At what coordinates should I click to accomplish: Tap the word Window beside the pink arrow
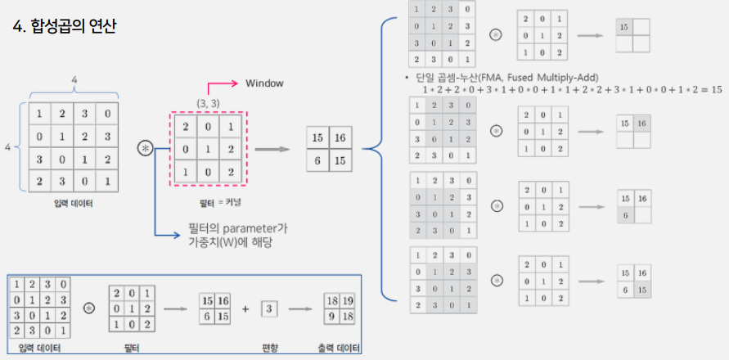click(x=264, y=83)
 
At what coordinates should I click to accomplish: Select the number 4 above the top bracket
click(x=74, y=79)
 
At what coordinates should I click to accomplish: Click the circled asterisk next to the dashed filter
click(x=146, y=148)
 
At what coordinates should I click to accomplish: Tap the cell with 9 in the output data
click(x=332, y=317)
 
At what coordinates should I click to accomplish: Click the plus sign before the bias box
click(x=245, y=309)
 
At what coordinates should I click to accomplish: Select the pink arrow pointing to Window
click(x=220, y=85)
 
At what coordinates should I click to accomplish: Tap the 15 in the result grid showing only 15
click(x=625, y=27)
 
